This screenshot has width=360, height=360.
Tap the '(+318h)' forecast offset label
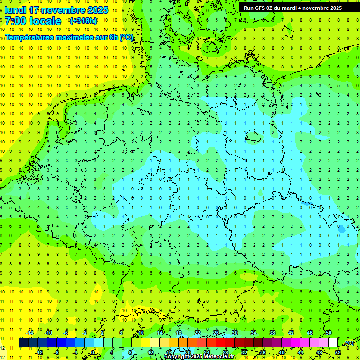83,21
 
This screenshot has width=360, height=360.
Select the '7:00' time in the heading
15,21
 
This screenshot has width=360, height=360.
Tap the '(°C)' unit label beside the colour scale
348,343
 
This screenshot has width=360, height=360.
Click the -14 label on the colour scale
30,333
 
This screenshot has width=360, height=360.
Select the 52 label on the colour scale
338,352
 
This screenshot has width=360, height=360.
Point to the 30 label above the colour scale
234,333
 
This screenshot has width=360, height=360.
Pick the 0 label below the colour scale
93,352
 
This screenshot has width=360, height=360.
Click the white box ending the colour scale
333,343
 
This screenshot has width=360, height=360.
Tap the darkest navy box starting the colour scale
23,343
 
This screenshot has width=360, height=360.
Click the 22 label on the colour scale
197,333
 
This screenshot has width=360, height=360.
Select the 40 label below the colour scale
281,352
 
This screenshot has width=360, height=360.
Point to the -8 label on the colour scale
57,352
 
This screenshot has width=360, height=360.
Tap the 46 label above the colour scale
309,333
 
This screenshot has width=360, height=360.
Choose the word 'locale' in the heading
45,21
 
